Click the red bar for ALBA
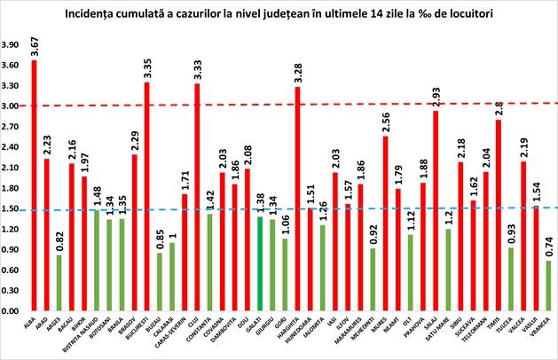coord(34,185)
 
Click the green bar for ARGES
coord(59,283)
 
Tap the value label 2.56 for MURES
coord(385,123)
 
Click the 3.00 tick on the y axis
coord(12,106)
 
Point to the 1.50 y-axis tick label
coord(12,209)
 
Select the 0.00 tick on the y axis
coord(12,312)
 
